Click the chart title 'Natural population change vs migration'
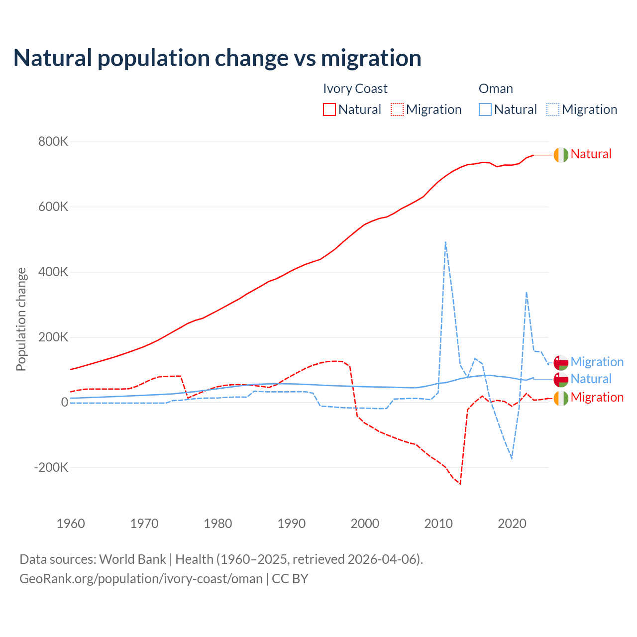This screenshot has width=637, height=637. pos(217,58)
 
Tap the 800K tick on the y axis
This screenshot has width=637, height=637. pos(53,142)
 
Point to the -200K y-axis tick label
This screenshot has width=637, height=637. pos(51,467)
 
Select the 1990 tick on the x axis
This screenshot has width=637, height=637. pos(291,524)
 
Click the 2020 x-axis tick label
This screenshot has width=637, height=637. pos(512,524)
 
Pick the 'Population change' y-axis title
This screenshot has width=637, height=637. pos(21,319)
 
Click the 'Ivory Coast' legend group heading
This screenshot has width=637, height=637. pos(355,89)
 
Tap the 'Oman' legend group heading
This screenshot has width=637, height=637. pos(496,89)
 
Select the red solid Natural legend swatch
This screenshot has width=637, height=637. pos(329,109)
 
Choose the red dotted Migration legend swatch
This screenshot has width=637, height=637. pos(397,109)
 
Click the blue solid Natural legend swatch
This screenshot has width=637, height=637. pos(485,109)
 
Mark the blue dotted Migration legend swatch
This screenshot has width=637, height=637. pos(553,109)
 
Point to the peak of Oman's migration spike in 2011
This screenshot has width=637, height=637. pos(445,242)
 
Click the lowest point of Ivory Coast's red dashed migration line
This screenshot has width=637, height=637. pos(460,483)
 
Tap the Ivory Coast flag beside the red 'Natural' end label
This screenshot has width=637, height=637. pos(561,155)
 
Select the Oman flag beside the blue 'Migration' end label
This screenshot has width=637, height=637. pos(561,363)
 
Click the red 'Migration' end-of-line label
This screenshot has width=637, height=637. pos(597,397)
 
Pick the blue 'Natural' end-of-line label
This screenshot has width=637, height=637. pos(591,379)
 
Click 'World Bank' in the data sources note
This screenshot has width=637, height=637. pos(132,559)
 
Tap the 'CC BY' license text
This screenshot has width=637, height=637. pos(290,579)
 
